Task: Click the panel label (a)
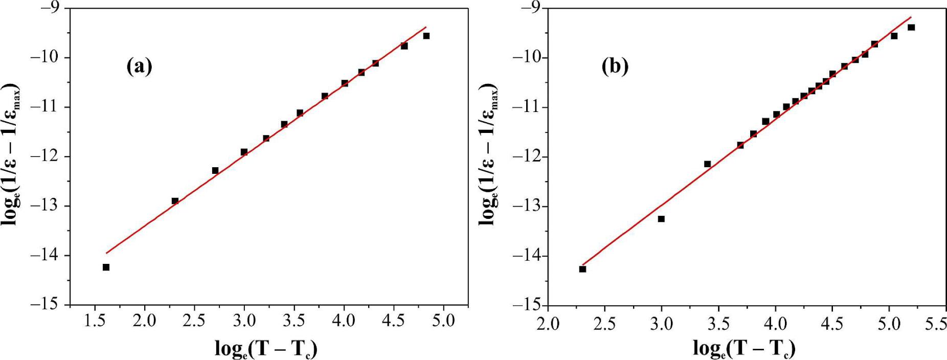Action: coord(139,66)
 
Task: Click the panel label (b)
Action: coord(615,66)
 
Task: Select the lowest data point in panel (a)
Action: coord(106,267)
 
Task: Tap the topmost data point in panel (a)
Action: coord(426,36)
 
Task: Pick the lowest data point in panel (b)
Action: coord(582,269)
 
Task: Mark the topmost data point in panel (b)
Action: coord(911,28)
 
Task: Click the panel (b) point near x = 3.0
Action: coord(661,219)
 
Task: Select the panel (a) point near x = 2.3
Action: coord(175,201)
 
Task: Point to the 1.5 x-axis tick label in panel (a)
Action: coord(95,321)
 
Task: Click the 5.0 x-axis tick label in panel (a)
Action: coord(443,321)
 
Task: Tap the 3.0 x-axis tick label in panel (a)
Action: coord(244,321)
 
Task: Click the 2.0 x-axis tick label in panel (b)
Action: coord(548,325)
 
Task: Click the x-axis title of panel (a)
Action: coord(266,349)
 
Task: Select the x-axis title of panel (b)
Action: coord(744,349)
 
